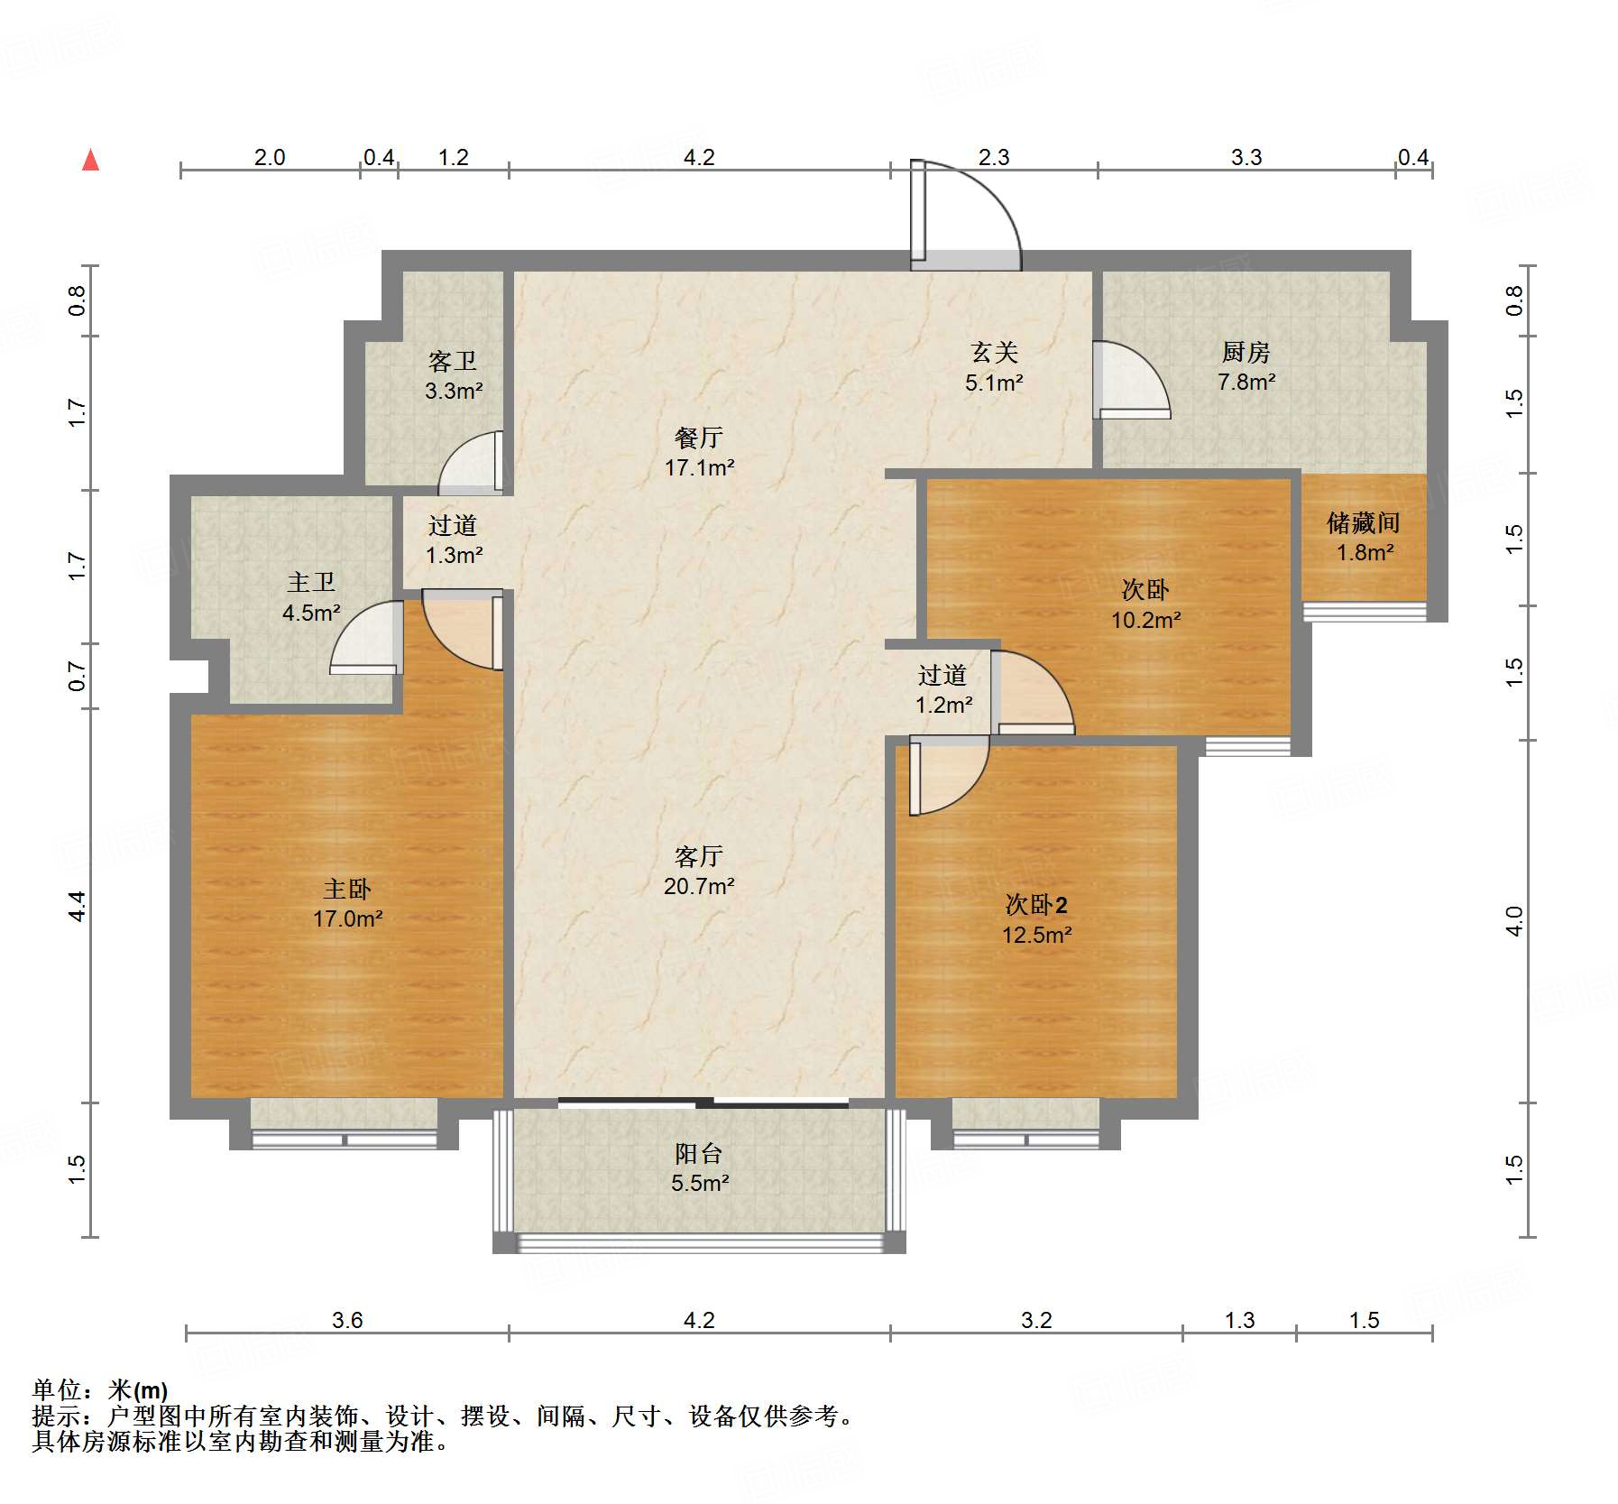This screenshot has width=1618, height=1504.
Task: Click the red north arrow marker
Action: (90, 160)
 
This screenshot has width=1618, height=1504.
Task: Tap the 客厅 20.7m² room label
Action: (699, 871)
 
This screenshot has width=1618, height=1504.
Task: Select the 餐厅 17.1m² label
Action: (699, 452)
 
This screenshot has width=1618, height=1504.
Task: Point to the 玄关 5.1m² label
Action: (994, 366)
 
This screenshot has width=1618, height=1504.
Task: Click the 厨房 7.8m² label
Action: (1246, 366)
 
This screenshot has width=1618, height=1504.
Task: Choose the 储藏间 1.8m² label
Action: (1364, 537)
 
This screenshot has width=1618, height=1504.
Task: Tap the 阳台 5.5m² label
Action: (699, 1167)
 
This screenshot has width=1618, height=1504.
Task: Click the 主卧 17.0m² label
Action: (347, 904)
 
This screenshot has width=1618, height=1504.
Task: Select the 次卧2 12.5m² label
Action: (1037, 919)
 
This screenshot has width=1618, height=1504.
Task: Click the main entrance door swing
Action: (966, 216)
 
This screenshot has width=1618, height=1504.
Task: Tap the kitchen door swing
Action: (1132, 380)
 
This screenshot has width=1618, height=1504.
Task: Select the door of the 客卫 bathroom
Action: (470, 463)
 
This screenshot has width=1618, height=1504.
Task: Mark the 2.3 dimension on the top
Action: (994, 158)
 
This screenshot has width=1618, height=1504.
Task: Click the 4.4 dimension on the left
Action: (77, 905)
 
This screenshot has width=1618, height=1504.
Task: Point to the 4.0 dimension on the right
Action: (1514, 921)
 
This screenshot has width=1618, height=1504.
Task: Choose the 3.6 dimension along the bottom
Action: (347, 1321)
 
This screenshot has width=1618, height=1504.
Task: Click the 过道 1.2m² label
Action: (943, 689)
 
